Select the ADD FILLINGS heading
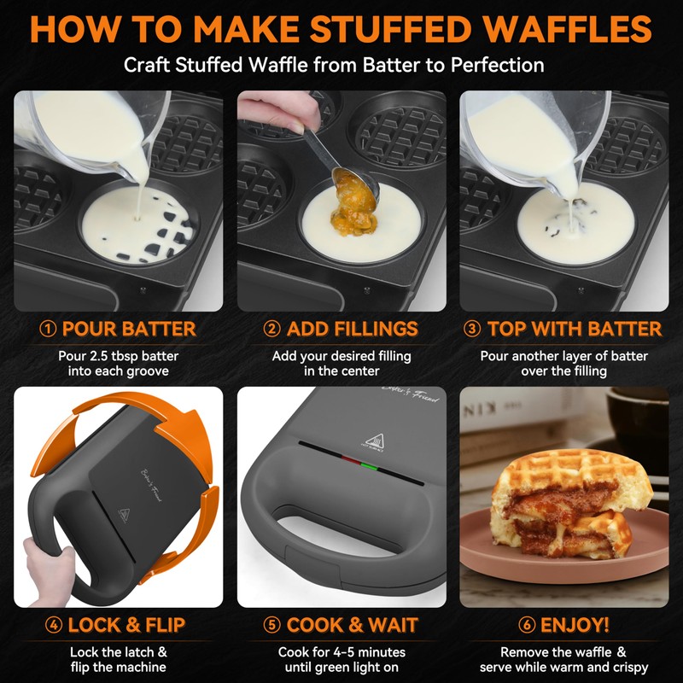(352, 330)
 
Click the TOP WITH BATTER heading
(574, 330)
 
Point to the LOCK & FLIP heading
(126, 625)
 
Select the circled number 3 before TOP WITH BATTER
(472, 330)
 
